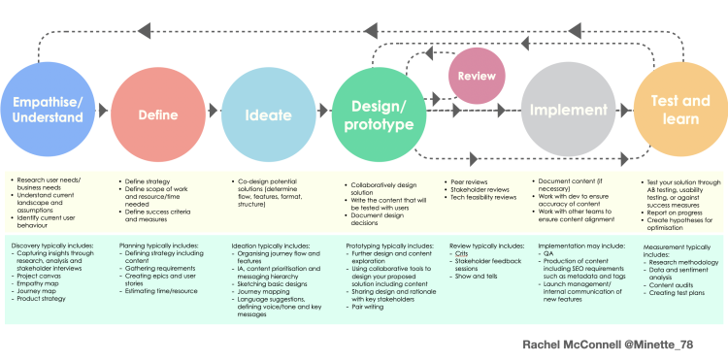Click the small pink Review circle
pyautogui.click(x=477, y=77)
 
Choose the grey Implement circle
pyautogui.click(x=568, y=110)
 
